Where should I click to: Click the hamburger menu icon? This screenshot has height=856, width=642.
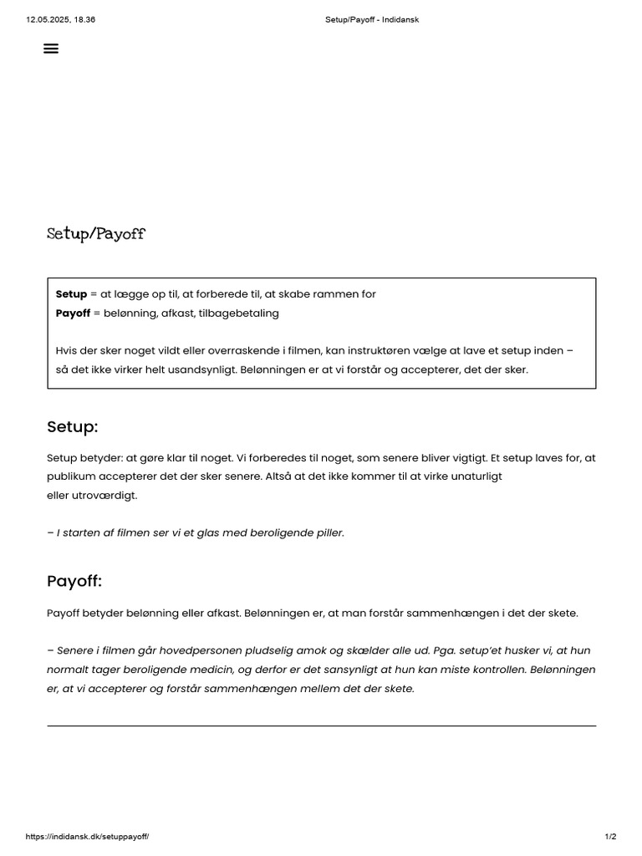point(51,48)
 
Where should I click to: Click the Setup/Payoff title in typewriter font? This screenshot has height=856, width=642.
point(95,234)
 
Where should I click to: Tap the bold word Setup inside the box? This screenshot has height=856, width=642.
point(71,294)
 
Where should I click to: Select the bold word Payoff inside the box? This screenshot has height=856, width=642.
point(73,313)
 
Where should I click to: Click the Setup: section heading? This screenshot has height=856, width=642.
point(73,427)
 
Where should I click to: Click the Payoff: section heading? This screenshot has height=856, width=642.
point(74,581)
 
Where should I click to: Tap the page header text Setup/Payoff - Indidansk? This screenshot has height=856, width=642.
point(371,19)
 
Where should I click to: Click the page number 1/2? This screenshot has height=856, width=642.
point(610,837)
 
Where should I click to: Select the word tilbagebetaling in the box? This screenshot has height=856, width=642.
point(246,313)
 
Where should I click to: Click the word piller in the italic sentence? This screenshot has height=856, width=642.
point(329,532)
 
